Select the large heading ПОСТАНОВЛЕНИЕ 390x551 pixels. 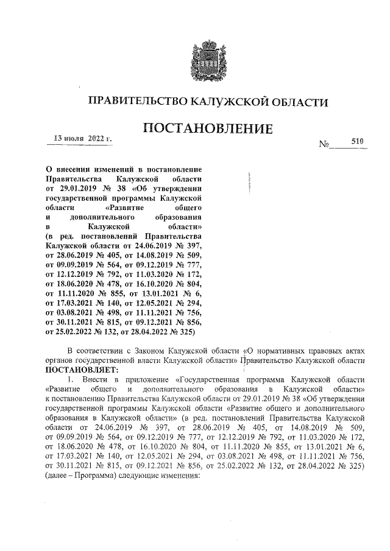tap(207, 128)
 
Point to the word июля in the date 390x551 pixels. tap(75, 139)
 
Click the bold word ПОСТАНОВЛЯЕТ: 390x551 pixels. tap(83, 369)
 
